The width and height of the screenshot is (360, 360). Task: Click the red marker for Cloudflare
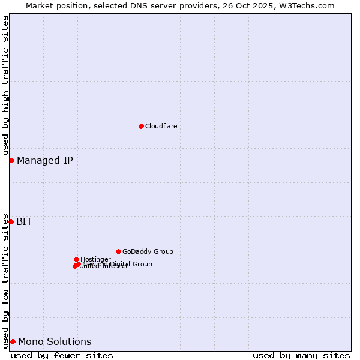pos(141,126)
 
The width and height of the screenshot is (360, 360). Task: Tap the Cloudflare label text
pos(161,126)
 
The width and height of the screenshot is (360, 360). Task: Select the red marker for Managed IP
pos(11,160)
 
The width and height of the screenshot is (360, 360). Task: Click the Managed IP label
pos(45,160)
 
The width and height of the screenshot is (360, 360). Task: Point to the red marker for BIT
pos(11,221)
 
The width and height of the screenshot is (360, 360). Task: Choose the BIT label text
pos(24,221)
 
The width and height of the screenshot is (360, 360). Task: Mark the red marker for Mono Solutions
pos(13,341)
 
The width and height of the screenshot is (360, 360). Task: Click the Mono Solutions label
pos(55,341)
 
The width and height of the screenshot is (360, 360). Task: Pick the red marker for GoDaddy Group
pos(118,251)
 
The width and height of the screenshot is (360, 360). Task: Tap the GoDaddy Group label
pos(148,251)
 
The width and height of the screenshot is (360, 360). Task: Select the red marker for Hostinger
pos(76,259)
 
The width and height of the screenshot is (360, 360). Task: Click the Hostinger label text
pos(95,259)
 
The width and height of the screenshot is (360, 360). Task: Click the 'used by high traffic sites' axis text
pos(5,85)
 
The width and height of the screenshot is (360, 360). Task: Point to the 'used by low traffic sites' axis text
pos(5,280)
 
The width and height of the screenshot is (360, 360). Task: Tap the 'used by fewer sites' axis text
pos(62,355)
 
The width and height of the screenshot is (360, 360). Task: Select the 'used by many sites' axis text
pos(301,355)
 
